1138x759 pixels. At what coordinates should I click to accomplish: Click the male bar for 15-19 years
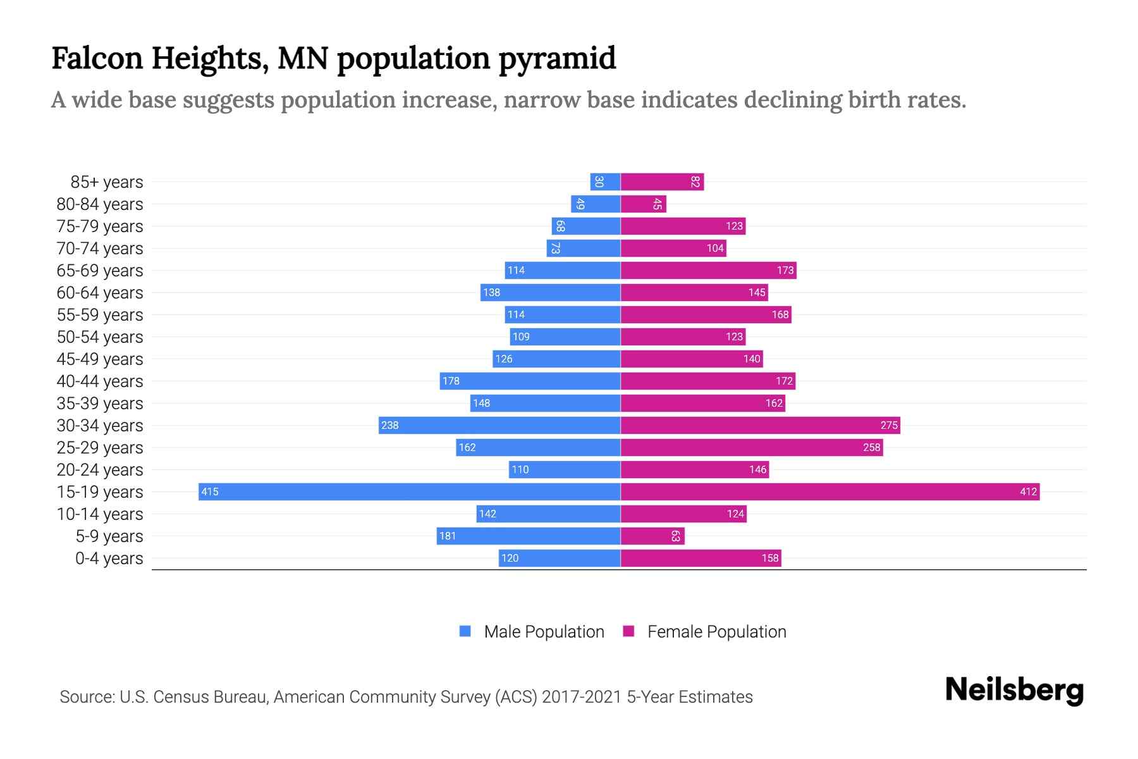click(409, 491)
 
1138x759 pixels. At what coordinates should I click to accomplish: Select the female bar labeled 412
click(829, 491)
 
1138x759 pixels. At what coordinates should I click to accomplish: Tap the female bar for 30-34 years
click(760, 425)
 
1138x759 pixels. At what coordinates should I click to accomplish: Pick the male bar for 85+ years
click(605, 182)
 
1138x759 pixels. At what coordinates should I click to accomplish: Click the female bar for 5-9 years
click(652, 536)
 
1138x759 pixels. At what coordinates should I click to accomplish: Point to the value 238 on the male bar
click(390, 425)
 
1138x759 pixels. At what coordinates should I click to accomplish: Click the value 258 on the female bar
click(871, 447)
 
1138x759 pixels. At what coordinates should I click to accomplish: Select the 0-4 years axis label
click(109, 558)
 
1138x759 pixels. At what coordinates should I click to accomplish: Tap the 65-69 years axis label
click(100, 271)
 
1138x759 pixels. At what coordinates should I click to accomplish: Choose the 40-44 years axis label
click(100, 381)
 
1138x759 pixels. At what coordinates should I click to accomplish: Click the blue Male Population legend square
click(465, 631)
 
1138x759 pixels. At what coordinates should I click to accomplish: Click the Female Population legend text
click(716, 631)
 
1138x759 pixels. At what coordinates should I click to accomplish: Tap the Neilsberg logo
click(1014, 689)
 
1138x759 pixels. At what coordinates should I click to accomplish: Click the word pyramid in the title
click(556, 58)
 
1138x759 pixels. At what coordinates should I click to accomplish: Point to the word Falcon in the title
click(97, 58)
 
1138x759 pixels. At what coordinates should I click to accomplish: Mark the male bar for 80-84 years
click(596, 204)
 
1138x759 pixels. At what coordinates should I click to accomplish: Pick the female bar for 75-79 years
click(683, 226)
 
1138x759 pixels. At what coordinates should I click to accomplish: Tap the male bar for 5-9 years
click(528, 536)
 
